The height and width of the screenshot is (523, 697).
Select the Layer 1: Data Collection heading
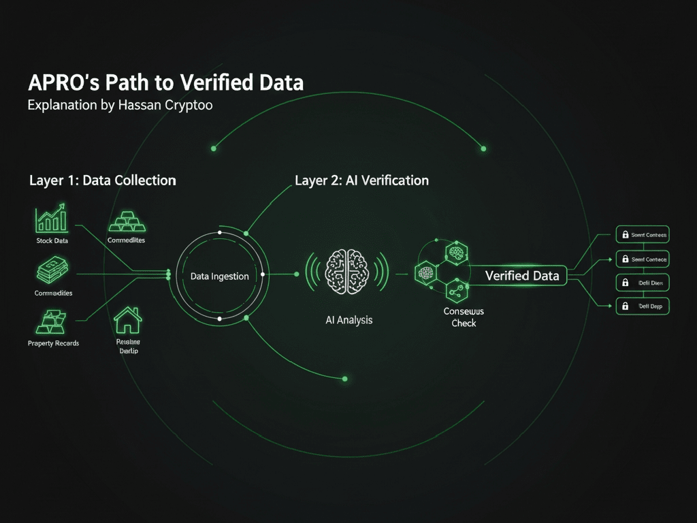(103, 180)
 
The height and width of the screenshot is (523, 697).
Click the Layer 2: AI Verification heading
(361, 180)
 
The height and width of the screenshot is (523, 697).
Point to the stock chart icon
(52, 219)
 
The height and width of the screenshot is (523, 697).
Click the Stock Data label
(52, 241)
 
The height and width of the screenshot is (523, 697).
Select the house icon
(127, 319)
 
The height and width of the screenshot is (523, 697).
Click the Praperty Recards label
(53, 343)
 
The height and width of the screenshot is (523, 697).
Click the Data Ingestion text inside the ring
(219, 276)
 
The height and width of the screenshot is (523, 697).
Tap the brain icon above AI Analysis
(347, 273)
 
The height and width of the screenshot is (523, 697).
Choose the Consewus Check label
(464, 317)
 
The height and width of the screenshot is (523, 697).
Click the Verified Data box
(522, 275)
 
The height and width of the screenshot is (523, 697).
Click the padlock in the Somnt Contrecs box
(623, 235)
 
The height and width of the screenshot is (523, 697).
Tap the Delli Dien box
(642, 282)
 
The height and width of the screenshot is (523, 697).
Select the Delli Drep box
(642, 306)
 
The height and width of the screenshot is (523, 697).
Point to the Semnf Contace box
(642, 259)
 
